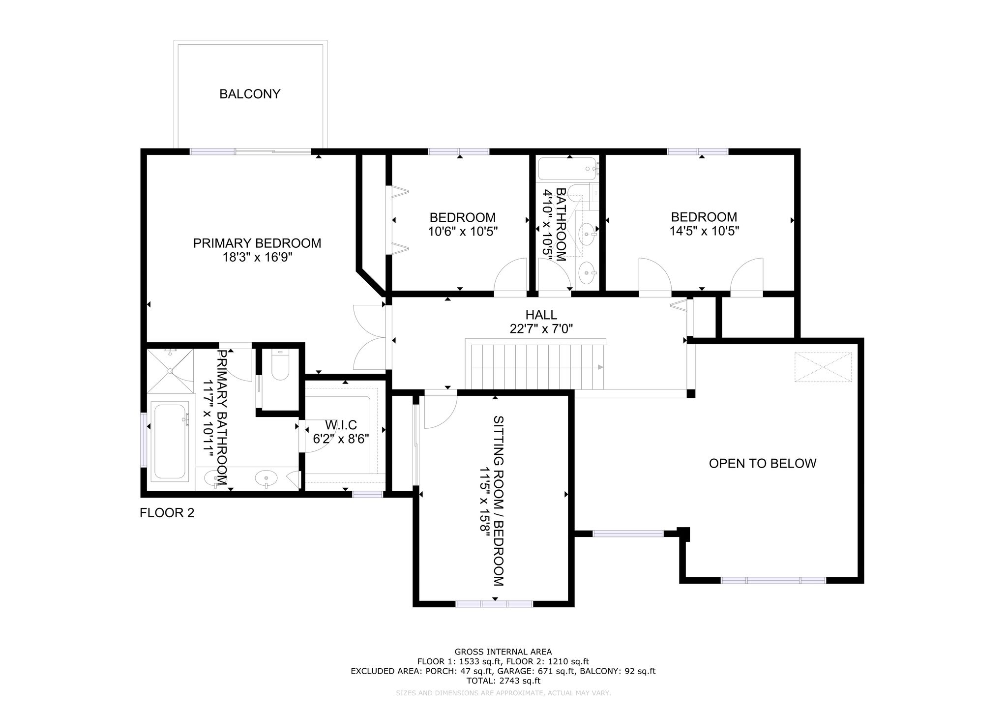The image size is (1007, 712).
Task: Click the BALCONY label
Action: coord(250,94)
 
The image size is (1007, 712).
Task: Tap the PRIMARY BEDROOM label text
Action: coord(257,243)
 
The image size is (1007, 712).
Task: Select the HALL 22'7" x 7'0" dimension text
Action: coord(541,328)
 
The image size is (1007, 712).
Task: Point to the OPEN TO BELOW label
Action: coord(763,463)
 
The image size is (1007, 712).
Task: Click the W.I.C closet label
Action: coord(341,425)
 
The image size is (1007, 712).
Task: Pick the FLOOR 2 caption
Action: coord(167,513)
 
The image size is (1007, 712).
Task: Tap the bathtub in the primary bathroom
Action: coord(170,441)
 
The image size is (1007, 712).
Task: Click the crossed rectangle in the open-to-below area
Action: coord(823,367)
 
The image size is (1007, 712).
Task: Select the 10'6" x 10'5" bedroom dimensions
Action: coord(463,231)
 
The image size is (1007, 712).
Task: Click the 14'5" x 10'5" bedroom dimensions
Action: coord(705,231)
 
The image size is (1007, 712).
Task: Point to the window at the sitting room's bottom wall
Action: coord(494,603)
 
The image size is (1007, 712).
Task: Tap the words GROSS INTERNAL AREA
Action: coord(503,652)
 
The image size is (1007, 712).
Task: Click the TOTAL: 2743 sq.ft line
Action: coord(503,681)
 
